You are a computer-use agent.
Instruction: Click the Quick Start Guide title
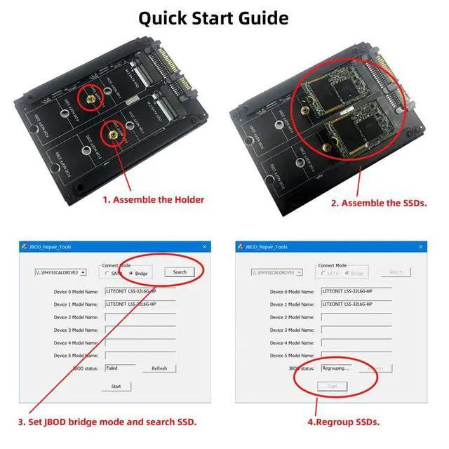(x=213, y=18)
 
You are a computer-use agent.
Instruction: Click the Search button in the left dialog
(x=180, y=272)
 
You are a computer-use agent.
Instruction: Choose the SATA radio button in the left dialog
(x=107, y=273)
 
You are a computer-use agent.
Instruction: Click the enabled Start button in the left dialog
(x=116, y=386)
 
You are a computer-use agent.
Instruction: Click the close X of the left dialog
(x=204, y=247)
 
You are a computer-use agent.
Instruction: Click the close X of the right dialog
(x=420, y=247)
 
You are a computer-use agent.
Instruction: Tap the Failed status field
(x=120, y=368)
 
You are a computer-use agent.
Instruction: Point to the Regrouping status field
(x=337, y=368)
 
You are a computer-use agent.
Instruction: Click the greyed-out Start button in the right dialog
(x=332, y=386)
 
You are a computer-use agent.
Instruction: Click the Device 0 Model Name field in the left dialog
(x=140, y=291)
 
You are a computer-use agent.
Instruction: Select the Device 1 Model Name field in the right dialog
(x=356, y=304)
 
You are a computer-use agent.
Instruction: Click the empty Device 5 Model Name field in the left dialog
(x=140, y=355)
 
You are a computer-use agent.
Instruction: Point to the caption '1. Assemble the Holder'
(x=154, y=200)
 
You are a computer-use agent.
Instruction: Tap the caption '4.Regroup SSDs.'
(x=344, y=422)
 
